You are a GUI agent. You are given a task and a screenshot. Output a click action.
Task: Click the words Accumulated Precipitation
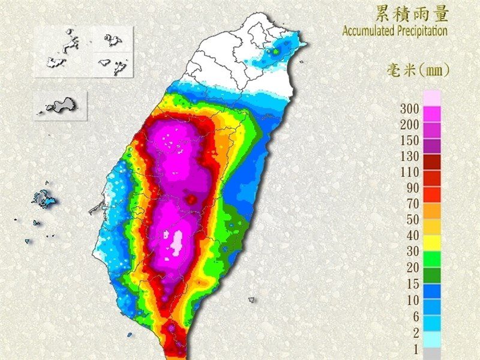[395, 31]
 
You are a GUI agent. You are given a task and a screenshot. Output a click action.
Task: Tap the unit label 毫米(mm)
[418, 70]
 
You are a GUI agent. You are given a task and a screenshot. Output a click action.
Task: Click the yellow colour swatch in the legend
[433, 242]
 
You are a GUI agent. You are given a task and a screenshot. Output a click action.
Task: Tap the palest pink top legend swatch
[433, 98]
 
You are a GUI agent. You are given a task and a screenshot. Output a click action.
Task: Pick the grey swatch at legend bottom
[433, 354]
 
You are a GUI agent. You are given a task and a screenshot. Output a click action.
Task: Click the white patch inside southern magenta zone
[177, 242]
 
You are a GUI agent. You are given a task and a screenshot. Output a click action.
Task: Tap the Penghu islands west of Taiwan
[44, 199]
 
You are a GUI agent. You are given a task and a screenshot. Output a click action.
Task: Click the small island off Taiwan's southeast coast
[251, 299]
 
